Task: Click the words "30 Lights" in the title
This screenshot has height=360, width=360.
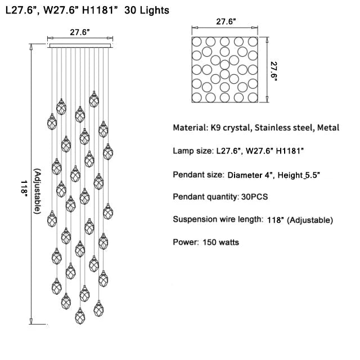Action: coord(147,10)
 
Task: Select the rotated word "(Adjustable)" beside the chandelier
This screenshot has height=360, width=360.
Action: coord(38,191)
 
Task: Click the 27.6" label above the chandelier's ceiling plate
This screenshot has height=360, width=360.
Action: coord(80,32)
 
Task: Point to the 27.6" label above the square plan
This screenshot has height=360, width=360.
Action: coord(226,21)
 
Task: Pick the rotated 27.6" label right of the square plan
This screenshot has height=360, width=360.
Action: coord(274,71)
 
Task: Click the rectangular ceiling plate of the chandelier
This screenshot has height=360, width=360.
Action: coord(80,46)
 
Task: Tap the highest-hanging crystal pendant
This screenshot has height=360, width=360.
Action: coord(94,99)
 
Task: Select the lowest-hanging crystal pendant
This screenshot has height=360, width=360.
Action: coord(80,316)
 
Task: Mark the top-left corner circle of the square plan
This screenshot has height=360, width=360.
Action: coord(197,42)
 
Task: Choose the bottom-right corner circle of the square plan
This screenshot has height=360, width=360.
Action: coord(253,97)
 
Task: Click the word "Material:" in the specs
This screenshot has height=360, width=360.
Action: coord(190,128)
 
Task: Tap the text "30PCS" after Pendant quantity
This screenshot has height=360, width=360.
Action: coord(254,197)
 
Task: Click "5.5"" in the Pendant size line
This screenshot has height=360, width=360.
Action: coord(312,175)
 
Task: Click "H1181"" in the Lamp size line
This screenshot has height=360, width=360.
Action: coord(290,151)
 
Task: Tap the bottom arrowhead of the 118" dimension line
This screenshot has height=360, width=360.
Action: coord(31,321)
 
